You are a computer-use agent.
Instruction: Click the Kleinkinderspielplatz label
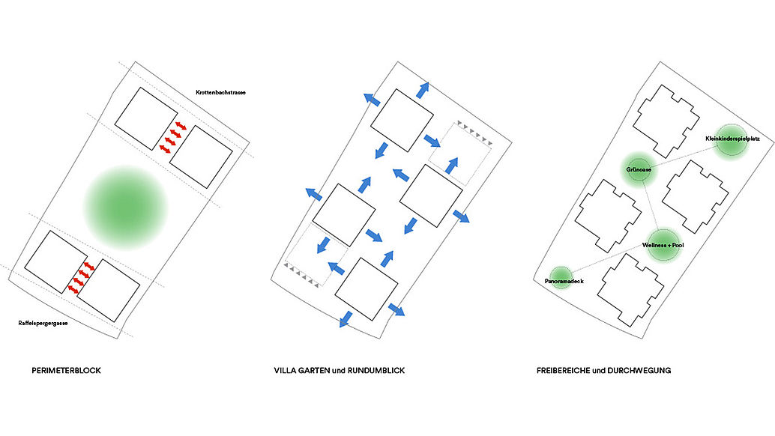(733, 139)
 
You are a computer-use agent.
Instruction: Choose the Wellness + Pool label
(663, 246)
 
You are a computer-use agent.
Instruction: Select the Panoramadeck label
(564, 281)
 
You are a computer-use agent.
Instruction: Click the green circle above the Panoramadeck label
(561, 273)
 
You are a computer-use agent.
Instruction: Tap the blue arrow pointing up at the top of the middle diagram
(423, 88)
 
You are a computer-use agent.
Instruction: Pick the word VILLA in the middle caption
(286, 370)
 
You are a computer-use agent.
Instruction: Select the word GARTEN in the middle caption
(316, 370)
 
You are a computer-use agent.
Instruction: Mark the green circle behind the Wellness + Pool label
(663, 243)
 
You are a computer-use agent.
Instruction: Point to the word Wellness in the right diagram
(654, 246)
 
